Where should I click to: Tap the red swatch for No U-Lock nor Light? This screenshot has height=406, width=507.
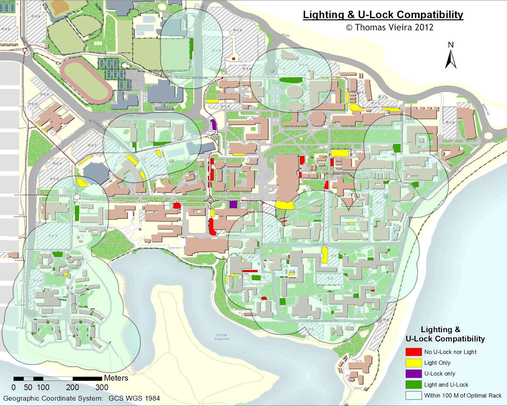(x=414, y=352)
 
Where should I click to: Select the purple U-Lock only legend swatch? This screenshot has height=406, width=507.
(x=414, y=374)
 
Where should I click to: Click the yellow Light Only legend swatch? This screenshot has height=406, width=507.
(x=414, y=363)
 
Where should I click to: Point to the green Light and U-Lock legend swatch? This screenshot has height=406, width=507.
(x=414, y=384)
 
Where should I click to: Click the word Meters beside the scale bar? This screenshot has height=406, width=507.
(x=116, y=378)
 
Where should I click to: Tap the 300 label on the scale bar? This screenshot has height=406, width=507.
(x=102, y=387)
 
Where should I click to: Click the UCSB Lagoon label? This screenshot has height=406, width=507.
(x=221, y=337)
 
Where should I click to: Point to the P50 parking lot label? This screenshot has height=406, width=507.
(x=6, y=29)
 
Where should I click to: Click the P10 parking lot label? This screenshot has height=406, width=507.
(x=450, y=122)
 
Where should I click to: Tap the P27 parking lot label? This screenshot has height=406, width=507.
(x=92, y=146)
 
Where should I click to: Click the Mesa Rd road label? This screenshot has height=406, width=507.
(x=485, y=109)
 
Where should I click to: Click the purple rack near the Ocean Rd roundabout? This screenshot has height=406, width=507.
(x=214, y=124)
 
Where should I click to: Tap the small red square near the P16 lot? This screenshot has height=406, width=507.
(x=234, y=59)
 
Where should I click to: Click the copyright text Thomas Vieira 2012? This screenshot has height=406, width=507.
(x=389, y=27)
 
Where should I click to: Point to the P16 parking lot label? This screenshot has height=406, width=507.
(x=238, y=30)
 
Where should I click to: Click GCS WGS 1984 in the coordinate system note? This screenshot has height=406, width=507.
(x=134, y=398)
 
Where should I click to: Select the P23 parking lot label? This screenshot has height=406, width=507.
(x=53, y=236)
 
